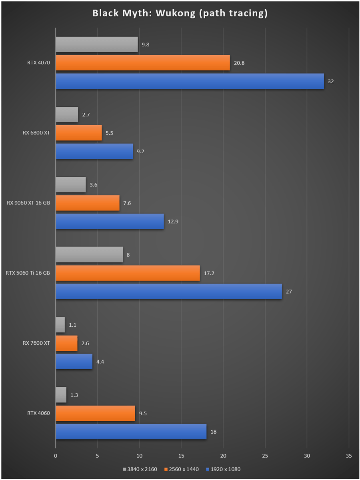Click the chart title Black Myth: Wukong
tap(180, 13)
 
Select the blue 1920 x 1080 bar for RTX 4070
tap(190, 81)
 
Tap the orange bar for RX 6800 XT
tap(79, 133)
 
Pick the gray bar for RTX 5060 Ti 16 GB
tap(89, 255)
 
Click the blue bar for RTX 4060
tap(131, 432)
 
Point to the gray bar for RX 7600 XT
tap(60, 325)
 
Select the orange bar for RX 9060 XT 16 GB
tap(88, 203)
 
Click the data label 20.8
tap(239, 63)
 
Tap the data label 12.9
tap(173, 221)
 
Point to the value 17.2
tap(209, 273)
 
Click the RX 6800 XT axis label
tap(36, 133)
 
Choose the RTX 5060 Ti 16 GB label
tap(28, 273)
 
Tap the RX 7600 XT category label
tap(36, 343)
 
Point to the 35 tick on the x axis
tap(349, 456)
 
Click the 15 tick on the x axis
tap(181, 456)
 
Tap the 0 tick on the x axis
tap(56, 456)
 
